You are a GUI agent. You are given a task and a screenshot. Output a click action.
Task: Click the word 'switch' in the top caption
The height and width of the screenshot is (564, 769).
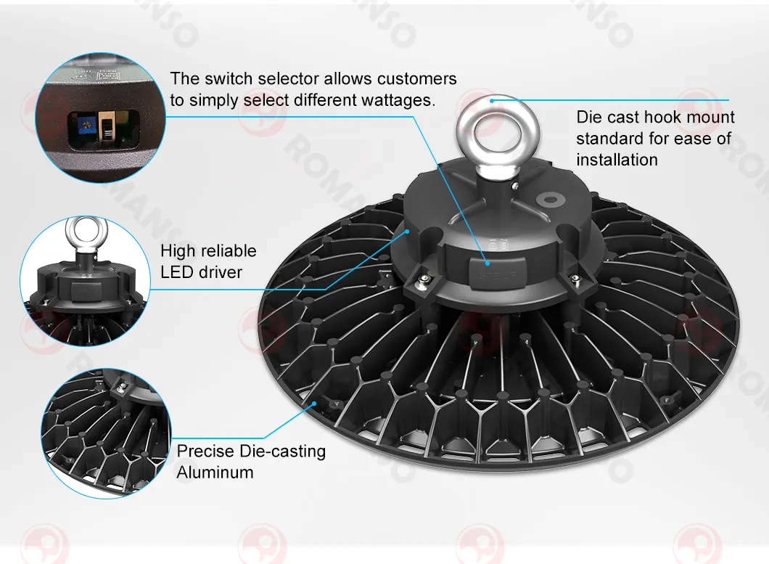click(x=223, y=78)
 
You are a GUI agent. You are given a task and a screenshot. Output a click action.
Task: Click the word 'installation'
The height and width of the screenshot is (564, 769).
click(x=617, y=160)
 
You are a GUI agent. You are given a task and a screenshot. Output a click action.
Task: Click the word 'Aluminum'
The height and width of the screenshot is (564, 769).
click(x=215, y=473)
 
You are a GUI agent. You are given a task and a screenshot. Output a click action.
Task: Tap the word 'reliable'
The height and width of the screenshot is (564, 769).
click(x=228, y=251)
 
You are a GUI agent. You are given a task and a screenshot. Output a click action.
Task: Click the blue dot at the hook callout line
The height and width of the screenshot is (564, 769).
click(x=492, y=100)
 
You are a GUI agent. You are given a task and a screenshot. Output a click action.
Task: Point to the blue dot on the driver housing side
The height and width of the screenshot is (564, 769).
click(x=408, y=230)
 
